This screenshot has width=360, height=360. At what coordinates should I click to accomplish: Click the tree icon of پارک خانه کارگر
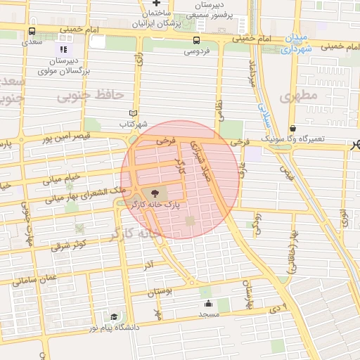(154, 192)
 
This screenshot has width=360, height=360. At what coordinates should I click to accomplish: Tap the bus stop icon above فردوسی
(196, 41)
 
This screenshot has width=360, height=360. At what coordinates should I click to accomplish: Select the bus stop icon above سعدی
(32, 32)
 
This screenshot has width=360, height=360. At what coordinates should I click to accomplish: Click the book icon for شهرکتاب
(134, 113)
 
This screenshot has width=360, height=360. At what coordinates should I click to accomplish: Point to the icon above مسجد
(209, 304)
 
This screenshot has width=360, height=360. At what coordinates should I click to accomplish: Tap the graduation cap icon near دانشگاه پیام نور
(115, 317)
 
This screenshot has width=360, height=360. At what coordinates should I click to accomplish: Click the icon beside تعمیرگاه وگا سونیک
(292, 129)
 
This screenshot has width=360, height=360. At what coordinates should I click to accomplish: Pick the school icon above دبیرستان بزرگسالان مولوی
(63, 50)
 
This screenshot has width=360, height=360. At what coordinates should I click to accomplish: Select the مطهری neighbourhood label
(294, 96)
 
